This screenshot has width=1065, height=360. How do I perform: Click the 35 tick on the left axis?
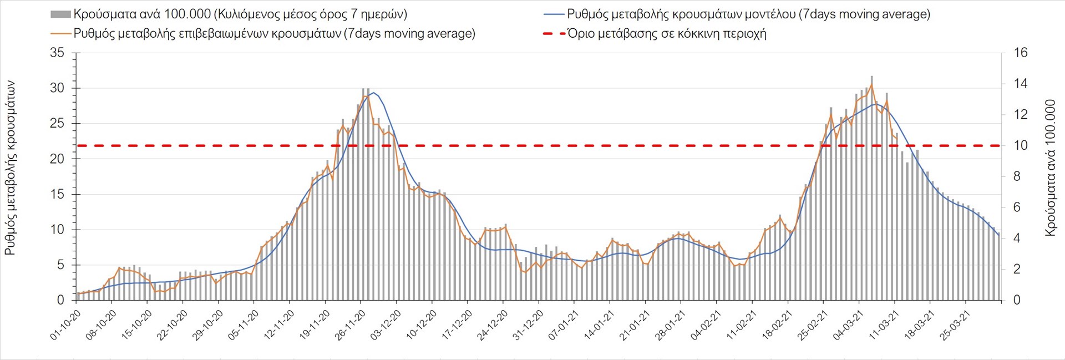coord(57,53)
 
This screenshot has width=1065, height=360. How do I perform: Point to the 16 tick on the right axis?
coord(1021,53)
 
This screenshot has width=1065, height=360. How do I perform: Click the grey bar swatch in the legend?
coord(60,14)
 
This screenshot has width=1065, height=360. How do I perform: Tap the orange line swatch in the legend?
coord(60,34)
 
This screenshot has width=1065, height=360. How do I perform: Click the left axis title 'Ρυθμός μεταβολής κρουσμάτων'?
coord(10,168)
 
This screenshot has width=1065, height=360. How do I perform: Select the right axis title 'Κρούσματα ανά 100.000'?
coord(1050,168)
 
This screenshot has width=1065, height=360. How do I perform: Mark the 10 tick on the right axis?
coord(1021,146)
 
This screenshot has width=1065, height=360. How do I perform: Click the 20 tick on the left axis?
coord(57,159)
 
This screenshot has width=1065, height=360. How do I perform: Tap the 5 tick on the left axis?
coord(60,265)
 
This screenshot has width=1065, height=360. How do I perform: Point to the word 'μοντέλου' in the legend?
coord(768,14)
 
